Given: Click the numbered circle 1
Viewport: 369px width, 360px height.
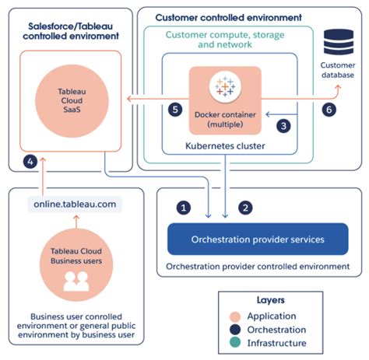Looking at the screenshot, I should (184, 208).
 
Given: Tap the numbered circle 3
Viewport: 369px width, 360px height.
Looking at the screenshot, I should (284, 124).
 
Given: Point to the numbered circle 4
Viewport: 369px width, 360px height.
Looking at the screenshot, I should (30, 163).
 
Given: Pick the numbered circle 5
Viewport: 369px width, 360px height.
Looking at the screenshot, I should (176, 110).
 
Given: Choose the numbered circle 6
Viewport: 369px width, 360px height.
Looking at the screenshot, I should (329, 110).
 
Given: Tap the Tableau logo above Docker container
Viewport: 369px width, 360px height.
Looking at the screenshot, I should (228, 89).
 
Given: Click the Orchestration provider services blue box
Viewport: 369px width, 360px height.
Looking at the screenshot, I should (258, 239).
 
